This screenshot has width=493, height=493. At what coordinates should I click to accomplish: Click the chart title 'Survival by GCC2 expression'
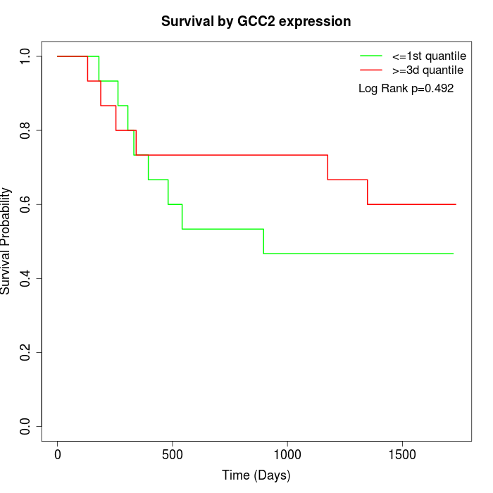256,21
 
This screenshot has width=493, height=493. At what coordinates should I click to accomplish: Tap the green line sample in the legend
371,56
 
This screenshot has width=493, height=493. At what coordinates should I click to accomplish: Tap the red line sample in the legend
371,70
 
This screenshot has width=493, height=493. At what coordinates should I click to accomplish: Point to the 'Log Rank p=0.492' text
406,89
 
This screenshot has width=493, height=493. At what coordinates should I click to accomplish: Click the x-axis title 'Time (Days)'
256,475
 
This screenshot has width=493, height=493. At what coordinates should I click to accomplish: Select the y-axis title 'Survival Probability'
7,241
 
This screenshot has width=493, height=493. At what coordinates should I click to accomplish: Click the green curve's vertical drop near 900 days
263,242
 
